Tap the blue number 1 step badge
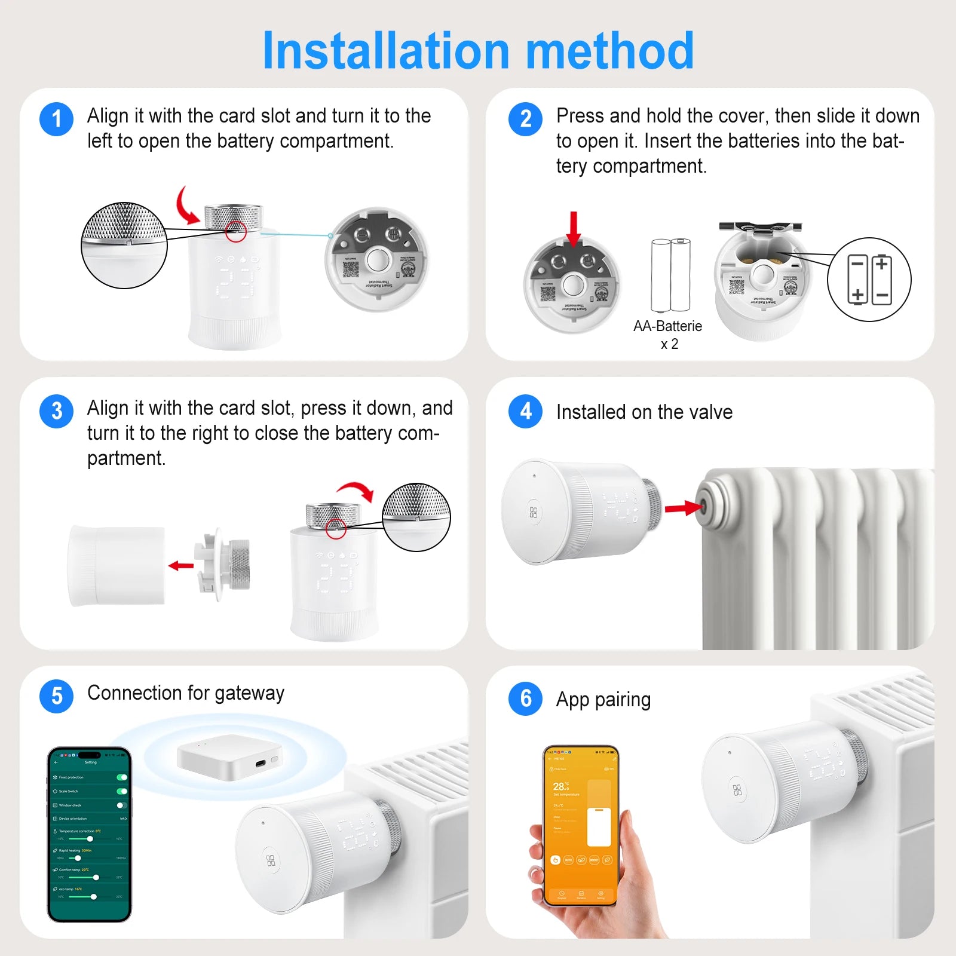(56, 119)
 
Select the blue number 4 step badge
(525, 411)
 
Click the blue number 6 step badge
(525, 698)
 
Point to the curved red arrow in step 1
(186, 207)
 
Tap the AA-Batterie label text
(667, 326)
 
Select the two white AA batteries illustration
(670, 275)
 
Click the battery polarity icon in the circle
(869, 279)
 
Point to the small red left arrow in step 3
(181, 565)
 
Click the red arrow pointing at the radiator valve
(683, 508)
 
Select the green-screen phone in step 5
(90, 834)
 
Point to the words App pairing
(603, 699)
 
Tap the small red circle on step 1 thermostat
(236, 231)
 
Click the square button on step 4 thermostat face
(534, 512)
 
